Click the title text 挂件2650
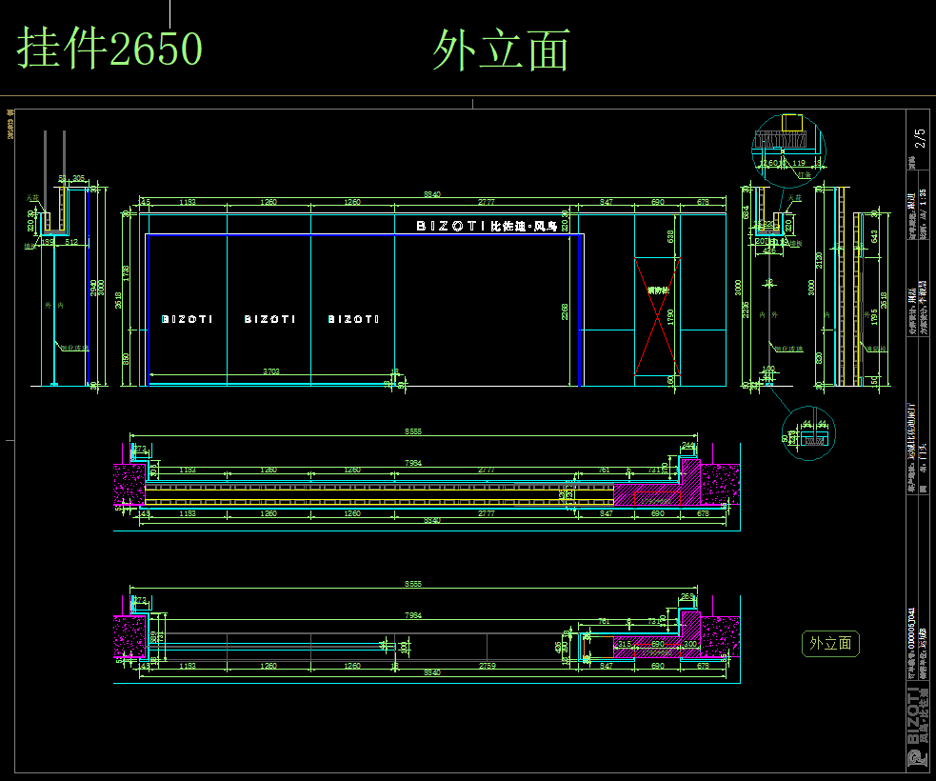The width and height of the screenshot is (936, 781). pyautogui.click(x=110, y=49)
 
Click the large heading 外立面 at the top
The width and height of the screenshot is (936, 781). pyautogui.click(x=501, y=50)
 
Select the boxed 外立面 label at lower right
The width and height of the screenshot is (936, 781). pyautogui.click(x=830, y=644)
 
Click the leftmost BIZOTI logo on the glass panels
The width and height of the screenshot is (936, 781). pyautogui.click(x=187, y=319)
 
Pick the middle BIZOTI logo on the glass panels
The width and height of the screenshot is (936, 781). pyautogui.click(x=269, y=319)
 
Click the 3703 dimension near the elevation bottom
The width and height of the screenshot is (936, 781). pyautogui.click(x=271, y=371)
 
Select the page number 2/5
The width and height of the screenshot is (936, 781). pyautogui.click(x=919, y=138)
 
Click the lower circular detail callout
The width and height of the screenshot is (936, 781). pyautogui.click(x=807, y=433)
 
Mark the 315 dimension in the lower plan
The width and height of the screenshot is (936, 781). pyautogui.click(x=624, y=645)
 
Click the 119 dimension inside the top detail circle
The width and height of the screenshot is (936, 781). pyautogui.click(x=798, y=163)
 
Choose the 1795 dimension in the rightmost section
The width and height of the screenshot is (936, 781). pyautogui.click(x=874, y=315)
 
